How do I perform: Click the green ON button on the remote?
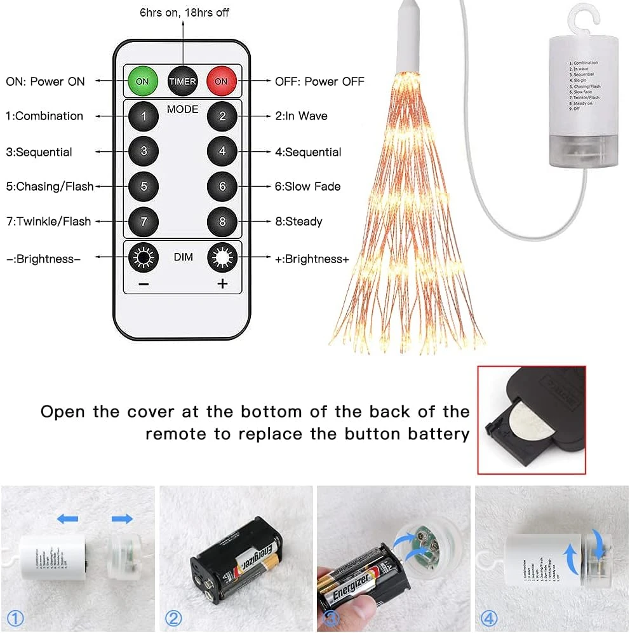[143, 81]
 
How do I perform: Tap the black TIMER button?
[182, 81]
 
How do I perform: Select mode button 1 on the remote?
[144, 116]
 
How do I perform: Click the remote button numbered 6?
[222, 186]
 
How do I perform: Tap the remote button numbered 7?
[144, 222]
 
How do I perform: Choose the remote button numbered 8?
[222, 222]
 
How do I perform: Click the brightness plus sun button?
[222, 257]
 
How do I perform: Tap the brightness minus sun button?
[144, 257]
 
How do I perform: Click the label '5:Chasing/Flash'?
[50, 186]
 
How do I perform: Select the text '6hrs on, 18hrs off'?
[184, 12]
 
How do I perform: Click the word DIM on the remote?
[183, 257]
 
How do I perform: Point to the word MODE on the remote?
[183, 109]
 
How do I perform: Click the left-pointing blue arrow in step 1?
[67, 519]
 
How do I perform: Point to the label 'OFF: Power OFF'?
[319, 81]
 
